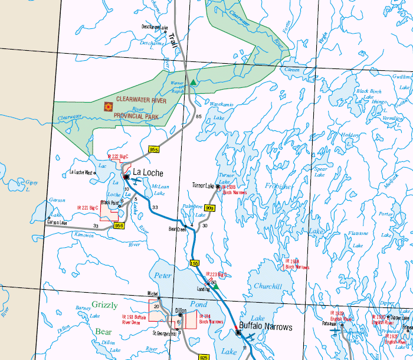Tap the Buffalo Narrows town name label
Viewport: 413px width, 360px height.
click(265, 327)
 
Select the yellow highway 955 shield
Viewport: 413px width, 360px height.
click(155, 149)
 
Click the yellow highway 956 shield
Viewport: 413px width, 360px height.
click(119, 225)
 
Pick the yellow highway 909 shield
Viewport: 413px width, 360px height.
click(209, 208)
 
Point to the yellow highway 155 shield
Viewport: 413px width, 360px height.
click(195, 263)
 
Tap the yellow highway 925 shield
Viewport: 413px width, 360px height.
click(204, 357)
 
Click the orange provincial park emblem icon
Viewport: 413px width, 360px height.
click(108, 107)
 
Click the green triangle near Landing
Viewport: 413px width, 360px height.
click(215, 285)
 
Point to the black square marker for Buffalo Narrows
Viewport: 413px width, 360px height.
click(238, 333)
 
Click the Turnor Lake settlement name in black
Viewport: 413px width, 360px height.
click(203, 185)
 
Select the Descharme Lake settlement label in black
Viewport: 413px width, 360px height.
click(155, 27)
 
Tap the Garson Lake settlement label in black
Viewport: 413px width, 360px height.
click(57, 223)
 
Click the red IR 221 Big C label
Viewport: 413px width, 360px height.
click(87, 208)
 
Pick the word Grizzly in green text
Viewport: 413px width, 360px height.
click(104, 305)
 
